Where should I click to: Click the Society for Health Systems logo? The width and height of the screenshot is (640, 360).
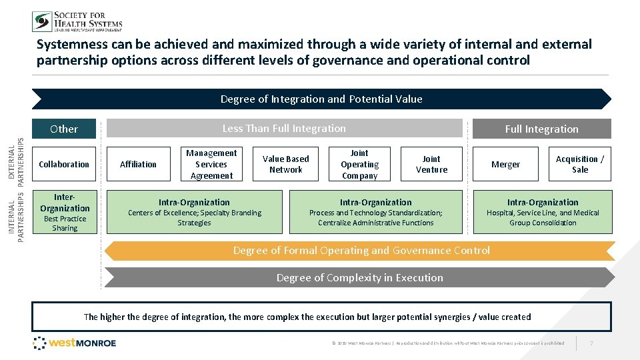[77, 21]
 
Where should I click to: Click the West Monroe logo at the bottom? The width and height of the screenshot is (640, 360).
[75, 343]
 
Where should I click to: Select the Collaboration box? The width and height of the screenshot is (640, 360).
[64, 164]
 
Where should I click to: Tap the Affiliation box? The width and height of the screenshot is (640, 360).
[138, 164]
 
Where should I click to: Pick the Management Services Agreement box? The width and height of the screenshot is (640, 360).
[211, 164]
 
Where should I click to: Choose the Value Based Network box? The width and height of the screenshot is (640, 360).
[286, 164]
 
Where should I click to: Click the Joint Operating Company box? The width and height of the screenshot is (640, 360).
[359, 164]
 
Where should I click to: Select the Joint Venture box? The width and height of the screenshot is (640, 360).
[431, 164]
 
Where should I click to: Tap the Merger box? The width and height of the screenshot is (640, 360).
[505, 164]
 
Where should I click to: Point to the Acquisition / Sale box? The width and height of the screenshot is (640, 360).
[580, 164]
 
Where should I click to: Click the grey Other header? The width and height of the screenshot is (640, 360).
[64, 129]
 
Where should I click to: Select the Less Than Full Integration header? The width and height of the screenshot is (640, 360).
[284, 128]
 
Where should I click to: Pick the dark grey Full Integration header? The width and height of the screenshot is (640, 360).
[541, 129]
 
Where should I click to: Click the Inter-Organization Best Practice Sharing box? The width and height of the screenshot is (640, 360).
[65, 212]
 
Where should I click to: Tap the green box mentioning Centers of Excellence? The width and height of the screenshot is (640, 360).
[194, 212]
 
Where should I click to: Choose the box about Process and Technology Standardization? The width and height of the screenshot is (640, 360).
[375, 212]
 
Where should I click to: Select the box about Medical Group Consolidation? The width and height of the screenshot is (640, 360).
[543, 212]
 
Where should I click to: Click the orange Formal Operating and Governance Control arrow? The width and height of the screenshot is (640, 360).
[361, 251]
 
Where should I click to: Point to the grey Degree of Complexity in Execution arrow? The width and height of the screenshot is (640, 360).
[359, 277]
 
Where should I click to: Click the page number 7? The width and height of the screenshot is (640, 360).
[591, 343]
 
